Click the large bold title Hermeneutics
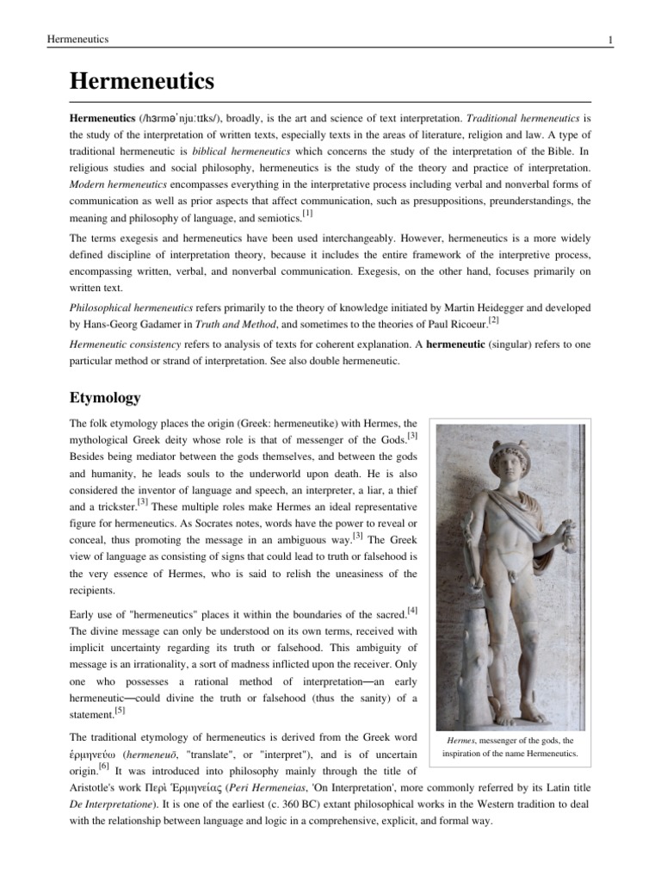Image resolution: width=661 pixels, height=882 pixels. tap(141, 82)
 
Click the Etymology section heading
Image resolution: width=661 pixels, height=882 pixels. tap(104, 398)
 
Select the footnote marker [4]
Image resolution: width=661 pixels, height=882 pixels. tap(412, 611)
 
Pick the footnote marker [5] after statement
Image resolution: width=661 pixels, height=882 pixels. tap(120, 711)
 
